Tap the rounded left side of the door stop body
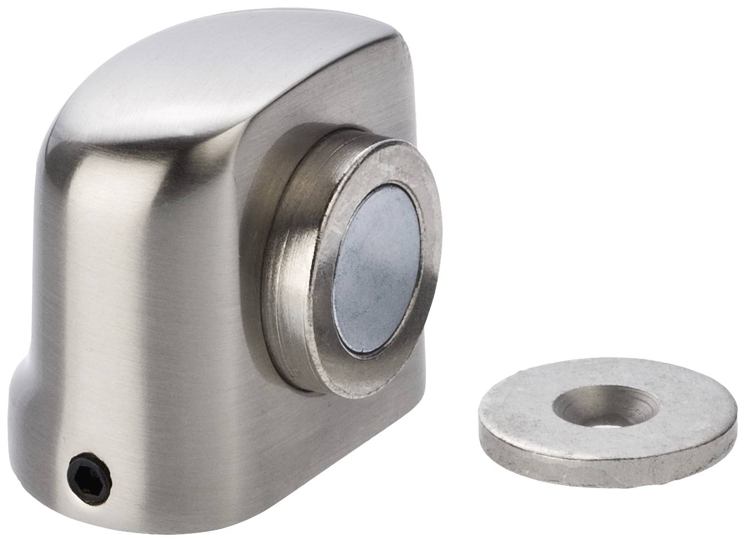click(x=100, y=250)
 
